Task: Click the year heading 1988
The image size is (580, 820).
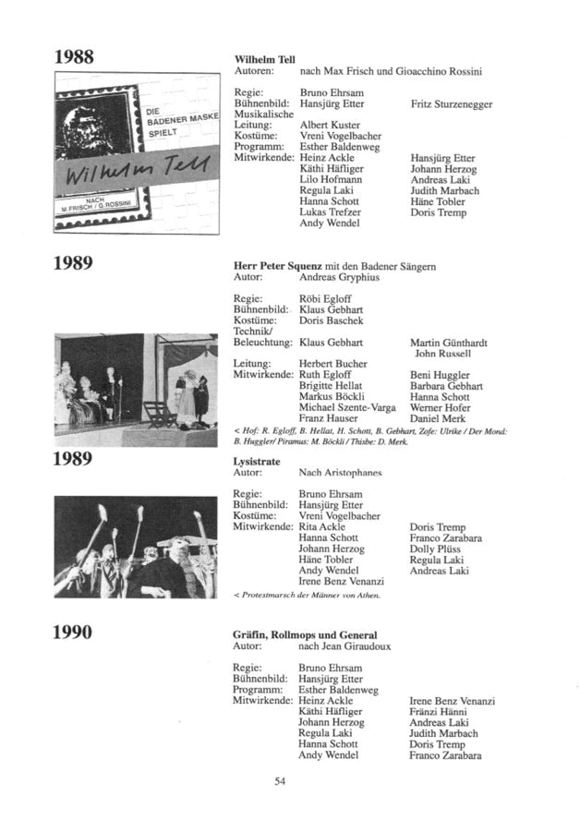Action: point(74,56)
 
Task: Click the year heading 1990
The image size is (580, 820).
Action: point(74,633)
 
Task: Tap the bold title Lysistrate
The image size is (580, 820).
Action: point(258,461)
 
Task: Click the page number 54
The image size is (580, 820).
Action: point(282,782)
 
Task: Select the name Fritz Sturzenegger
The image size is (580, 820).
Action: point(451,104)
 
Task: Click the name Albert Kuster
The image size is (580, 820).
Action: point(330,125)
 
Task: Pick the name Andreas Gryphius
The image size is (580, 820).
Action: point(339,277)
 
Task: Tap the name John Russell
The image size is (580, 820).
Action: point(443,353)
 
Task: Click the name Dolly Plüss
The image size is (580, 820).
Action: point(434,549)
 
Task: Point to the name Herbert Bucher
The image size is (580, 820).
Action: point(333,364)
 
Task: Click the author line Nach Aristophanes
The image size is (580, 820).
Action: point(341,472)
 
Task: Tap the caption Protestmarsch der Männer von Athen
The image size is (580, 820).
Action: point(310,595)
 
